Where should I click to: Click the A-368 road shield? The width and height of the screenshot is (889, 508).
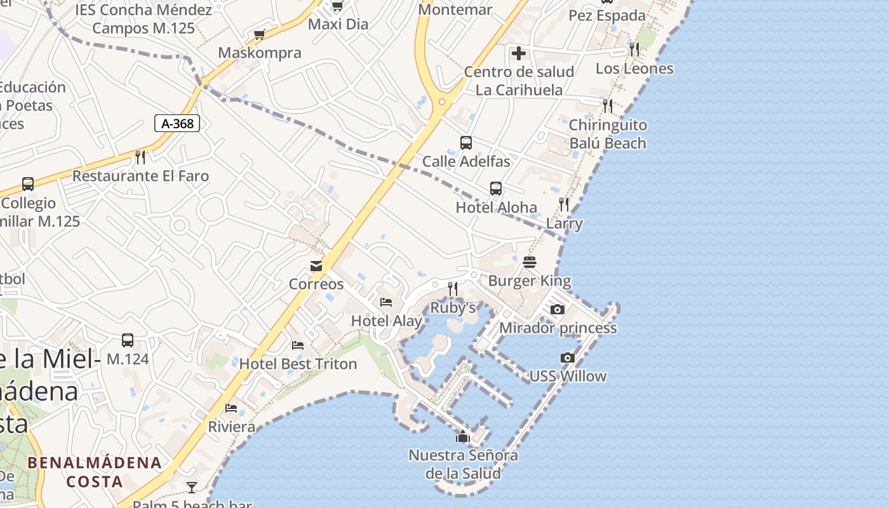[x=177, y=123]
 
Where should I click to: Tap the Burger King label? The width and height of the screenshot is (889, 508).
[x=530, y=281]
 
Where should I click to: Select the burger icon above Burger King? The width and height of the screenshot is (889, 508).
[x=530, y=262]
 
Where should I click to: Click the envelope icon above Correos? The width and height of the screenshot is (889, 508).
[x=316, y=266]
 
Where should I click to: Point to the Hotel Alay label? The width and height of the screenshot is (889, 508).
[x=387, y=321]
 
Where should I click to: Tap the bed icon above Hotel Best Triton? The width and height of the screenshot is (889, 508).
[x=298, y=345]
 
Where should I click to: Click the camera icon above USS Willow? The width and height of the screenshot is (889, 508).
[x=568, y=358]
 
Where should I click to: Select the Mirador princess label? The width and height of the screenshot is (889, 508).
[x=558, y=328]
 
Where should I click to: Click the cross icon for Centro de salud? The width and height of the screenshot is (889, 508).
[x=519, y=53]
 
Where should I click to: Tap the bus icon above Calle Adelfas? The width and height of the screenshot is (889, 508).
[x=466, y=143]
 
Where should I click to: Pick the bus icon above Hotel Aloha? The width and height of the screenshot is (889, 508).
[x=496, y=189]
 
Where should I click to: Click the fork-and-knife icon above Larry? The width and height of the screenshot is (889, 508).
[x=564, y=204]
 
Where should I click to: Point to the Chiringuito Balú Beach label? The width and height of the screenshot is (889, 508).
[x=608, y=134]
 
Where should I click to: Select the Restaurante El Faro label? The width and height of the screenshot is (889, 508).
[x=140, y=176]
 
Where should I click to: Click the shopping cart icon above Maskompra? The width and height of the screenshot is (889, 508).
[x=259, y=34]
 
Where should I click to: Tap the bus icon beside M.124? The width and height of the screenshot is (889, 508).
[x=128, y=340]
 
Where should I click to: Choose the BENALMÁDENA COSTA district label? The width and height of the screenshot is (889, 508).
[x=95, y=471]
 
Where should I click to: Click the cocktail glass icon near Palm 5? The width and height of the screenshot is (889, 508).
[x=192, y=487]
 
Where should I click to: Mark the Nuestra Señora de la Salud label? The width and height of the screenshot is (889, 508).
[x=463, y=464]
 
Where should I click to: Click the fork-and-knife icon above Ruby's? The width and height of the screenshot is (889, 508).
[x=453, y=289]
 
